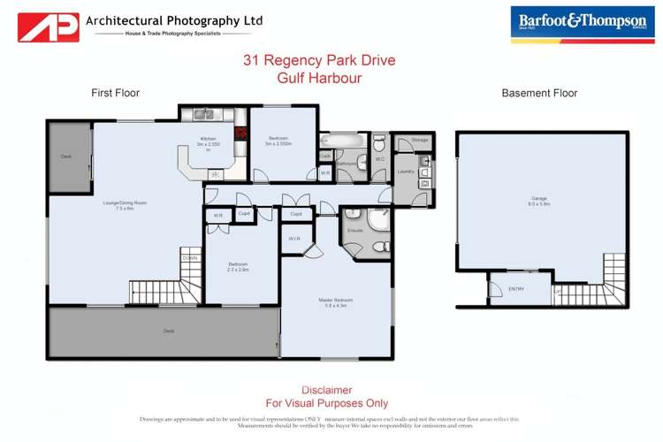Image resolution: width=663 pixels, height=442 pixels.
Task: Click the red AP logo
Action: coord(49,27)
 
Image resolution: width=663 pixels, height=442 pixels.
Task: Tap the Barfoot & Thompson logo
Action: coord(583,24)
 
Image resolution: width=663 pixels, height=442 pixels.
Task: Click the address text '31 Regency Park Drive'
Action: coord(319,61)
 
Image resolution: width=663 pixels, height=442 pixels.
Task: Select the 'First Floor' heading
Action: coord(115,93)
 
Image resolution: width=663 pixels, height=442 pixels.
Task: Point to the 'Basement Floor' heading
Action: coord(539,93)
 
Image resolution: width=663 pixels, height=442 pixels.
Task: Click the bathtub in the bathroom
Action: coord(337,140)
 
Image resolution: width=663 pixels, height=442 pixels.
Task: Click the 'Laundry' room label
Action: coord(406,171)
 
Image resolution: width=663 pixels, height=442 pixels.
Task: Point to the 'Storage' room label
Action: coord(419,140)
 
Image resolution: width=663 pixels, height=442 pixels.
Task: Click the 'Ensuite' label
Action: coord(355,230)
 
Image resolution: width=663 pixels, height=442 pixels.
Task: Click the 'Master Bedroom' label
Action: coord(336,302)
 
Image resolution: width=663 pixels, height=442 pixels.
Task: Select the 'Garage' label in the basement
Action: coord(539,201)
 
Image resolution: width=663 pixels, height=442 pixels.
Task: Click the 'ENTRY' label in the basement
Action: coord(516,288)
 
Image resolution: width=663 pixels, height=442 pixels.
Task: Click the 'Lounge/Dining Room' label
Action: coord(124,204)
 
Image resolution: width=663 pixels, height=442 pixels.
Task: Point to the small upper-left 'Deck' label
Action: coord(66,156)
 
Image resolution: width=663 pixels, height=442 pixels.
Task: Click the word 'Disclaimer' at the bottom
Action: coord(326,390)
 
